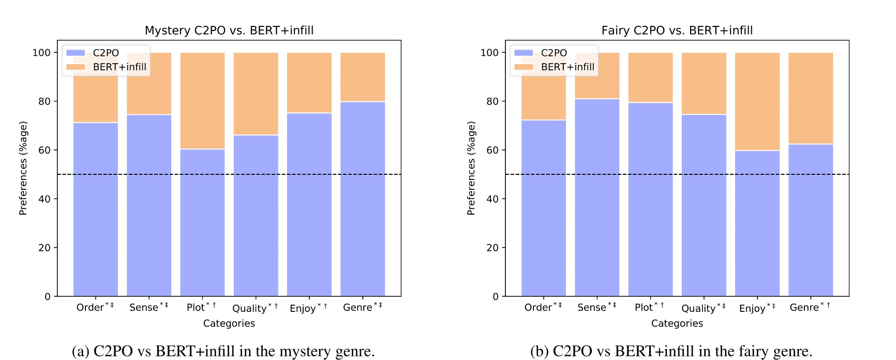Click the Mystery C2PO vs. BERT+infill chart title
pos(229,31)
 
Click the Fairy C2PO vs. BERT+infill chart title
pos(677,31)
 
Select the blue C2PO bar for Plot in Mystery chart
pos(202,222)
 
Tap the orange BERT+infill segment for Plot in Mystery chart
pos(202,101)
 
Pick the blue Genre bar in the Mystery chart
pos(362,199)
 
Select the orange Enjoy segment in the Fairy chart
pos(757,102)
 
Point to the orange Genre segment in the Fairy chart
pos(810,98)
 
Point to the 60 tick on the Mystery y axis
pos(44,150)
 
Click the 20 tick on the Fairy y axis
pos(492,248)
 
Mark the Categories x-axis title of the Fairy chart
pos(677,323)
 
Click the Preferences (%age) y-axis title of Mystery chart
pos(23,168)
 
